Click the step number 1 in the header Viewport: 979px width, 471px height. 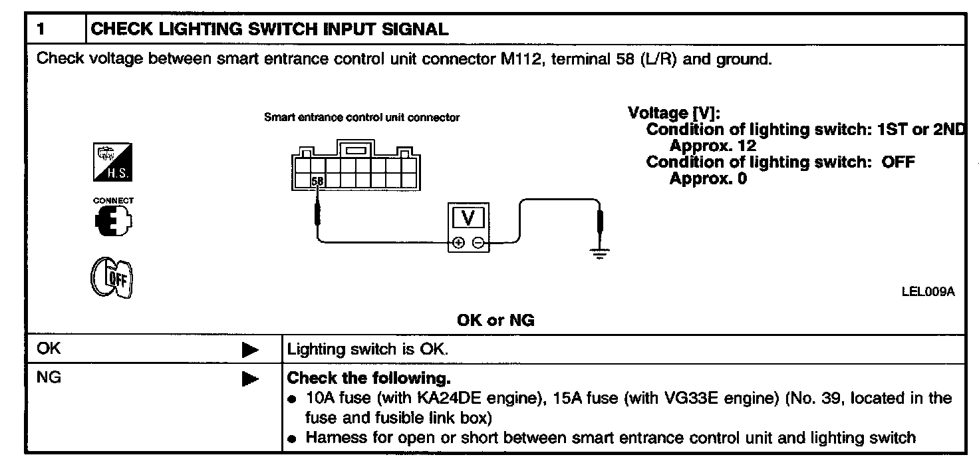[x=41, y=29]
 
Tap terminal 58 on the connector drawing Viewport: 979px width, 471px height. [x=318, y=180]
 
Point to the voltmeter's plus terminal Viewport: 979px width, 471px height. [x=458, y=243]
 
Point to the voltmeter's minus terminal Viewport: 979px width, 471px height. [x=478, y=243]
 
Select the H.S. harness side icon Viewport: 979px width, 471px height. [x=112, y=162]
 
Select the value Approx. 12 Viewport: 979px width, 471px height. [x=712, y=146]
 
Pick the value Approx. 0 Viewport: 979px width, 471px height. [x=708, y=178]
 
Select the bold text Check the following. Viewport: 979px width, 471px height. [x=368, y=379]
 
